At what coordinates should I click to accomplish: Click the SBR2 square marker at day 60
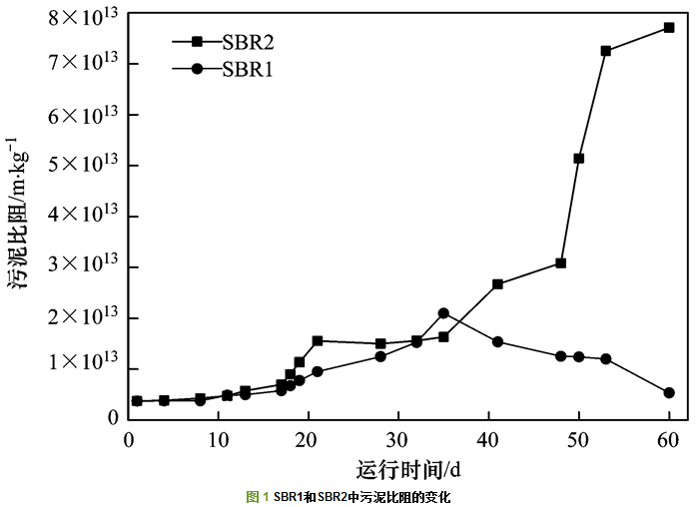click(669, 28)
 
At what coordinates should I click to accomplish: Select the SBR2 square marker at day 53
click(606, 51)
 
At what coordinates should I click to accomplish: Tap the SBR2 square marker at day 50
click(579, 159)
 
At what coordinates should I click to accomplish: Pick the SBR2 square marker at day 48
click(561, 263)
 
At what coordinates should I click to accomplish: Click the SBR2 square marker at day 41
click(497, 284)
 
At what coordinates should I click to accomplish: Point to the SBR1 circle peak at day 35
click(443, 313)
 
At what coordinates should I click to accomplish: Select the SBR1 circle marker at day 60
click(669, 393)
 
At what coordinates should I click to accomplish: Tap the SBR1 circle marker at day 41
click(497, 342)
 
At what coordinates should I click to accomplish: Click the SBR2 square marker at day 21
click(318, 341)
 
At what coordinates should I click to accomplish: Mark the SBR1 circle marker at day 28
click(380, 356)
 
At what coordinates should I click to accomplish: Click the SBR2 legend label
click(247, 42)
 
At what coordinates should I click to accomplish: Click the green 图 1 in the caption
click(258, 497)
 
